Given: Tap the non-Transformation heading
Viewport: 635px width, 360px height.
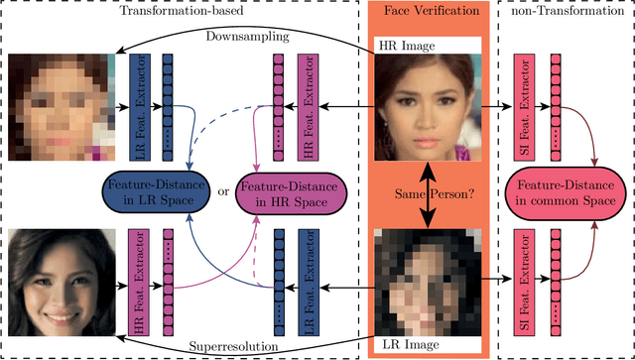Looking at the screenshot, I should pos(567,14).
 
